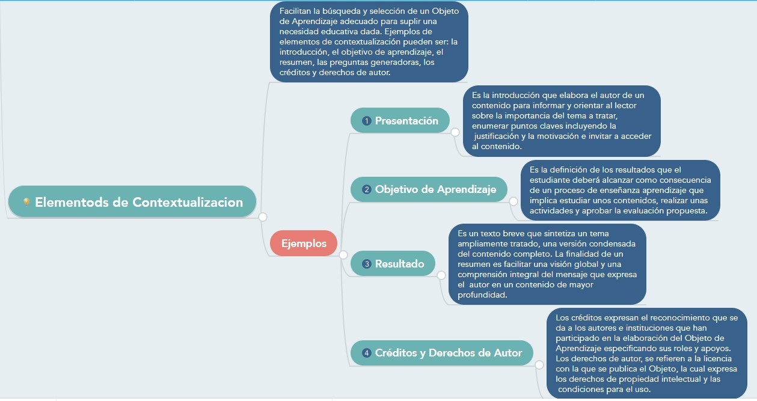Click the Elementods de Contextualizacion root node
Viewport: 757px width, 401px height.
coord(132,202)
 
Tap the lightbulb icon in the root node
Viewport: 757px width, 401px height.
coord(26,203)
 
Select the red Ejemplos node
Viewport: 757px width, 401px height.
coord(304,243)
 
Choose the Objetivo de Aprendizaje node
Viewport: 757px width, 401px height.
coord(429,189)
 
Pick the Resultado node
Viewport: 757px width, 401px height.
coord(393,264)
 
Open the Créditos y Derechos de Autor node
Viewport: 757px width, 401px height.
coord(441,353)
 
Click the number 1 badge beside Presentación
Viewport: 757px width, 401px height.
coord(366,121)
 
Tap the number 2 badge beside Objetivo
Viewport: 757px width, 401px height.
coord(366,190)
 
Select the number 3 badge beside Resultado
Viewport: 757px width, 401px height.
coord(366,264)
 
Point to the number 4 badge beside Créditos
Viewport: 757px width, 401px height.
coord(366,353)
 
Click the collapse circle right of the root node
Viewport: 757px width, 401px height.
coord(263,217)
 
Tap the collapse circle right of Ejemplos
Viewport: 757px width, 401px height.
coord(343,255)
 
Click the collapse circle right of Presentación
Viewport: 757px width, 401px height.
coord(455,132)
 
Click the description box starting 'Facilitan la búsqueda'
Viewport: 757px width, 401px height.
coord(369,42)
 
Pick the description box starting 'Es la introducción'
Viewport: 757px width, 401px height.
coord(562,121)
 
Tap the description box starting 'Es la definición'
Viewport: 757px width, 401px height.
coord(620,190)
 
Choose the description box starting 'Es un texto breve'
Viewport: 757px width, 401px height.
coord(547,264)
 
